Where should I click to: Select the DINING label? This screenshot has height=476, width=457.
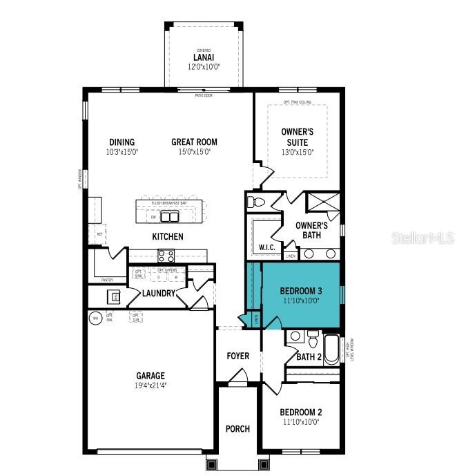pos(121,142)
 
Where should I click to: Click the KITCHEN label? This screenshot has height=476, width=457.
pos(168,237)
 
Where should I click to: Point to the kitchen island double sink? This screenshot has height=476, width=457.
pos(168,217)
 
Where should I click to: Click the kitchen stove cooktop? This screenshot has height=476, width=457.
pos(166,256)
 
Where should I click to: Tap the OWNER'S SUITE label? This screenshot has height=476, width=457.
pos(298,137)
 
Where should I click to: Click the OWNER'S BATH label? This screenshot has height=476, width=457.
pos(311,231)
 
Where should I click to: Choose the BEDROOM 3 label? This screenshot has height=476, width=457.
pos(301,291)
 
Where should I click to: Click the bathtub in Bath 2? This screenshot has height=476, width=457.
pos(331,350)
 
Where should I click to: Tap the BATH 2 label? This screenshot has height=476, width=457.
pos(309,357)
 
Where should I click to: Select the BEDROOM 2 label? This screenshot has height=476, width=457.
pos(301,412)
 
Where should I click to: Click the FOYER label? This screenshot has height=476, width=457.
pos(238,356)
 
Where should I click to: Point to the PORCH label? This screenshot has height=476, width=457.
pos(238,429)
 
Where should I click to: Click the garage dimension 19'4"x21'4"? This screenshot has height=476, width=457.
pos(150,386)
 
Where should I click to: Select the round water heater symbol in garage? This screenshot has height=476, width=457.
pos(96,318)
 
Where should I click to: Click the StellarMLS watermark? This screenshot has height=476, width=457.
pos(423,238)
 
